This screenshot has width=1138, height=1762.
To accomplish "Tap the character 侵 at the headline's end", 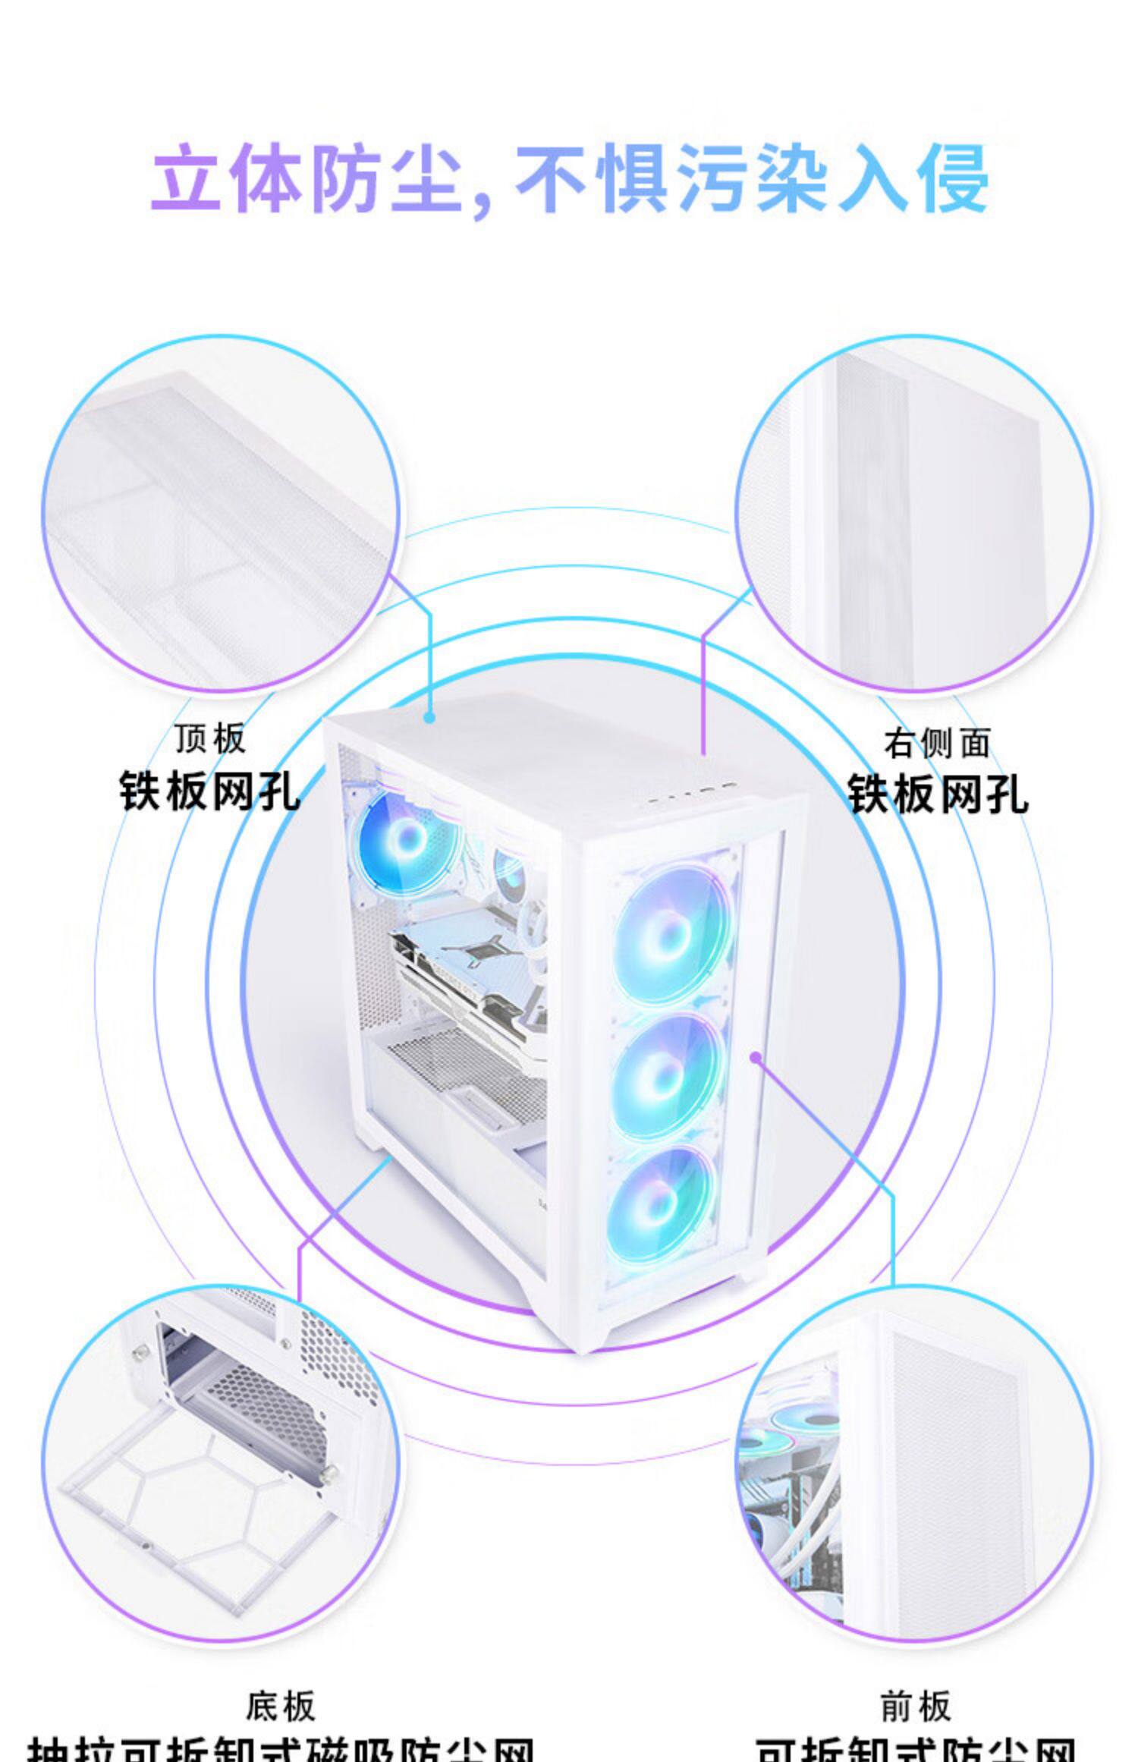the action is tap(953, 179).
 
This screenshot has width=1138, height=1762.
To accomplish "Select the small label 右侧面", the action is tap(937, 743).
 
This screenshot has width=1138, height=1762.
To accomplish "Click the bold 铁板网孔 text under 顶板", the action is tap(210, 791).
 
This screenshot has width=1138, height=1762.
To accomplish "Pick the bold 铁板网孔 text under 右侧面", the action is tap(937, 794).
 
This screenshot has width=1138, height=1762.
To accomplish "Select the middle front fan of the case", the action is tap(664, 1076).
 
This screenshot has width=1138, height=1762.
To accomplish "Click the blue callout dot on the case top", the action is tap(429, 717).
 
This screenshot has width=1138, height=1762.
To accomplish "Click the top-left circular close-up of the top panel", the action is tap(220, 514).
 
